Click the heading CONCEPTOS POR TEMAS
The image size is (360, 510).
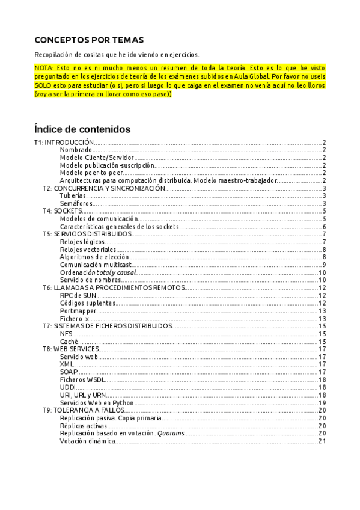click(x=89, y=40)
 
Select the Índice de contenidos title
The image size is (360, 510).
click(x=82, y=129)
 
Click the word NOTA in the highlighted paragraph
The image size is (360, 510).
click(x=43, y=68)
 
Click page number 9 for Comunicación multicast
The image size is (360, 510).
click(x=323, y=265)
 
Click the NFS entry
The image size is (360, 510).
click(x=66, y=334)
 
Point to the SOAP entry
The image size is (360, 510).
click(x=69, y=372)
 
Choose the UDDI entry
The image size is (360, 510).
click(x=68, y=387)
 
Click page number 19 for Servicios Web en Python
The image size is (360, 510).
click(x=322, y=403)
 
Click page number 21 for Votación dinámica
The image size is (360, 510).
click(x=322, y=441)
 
